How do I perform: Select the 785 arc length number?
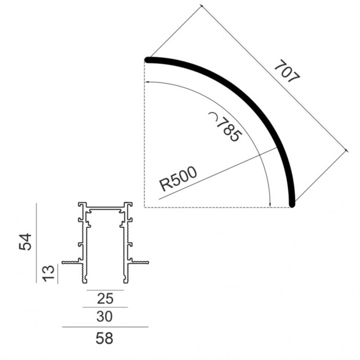(229, 130)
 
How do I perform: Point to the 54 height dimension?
(26, 241)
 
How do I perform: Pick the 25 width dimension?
(105, 297)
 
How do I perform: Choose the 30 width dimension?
(105, 316)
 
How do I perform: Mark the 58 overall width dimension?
(105, 338)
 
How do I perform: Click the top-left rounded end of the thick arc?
(148, 60)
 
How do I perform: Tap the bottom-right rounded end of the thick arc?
(292, 204)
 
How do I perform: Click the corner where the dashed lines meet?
(145, 208)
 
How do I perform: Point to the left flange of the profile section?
(70, 263)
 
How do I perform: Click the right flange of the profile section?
(140, 263)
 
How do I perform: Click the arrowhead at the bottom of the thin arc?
(271, 205)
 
